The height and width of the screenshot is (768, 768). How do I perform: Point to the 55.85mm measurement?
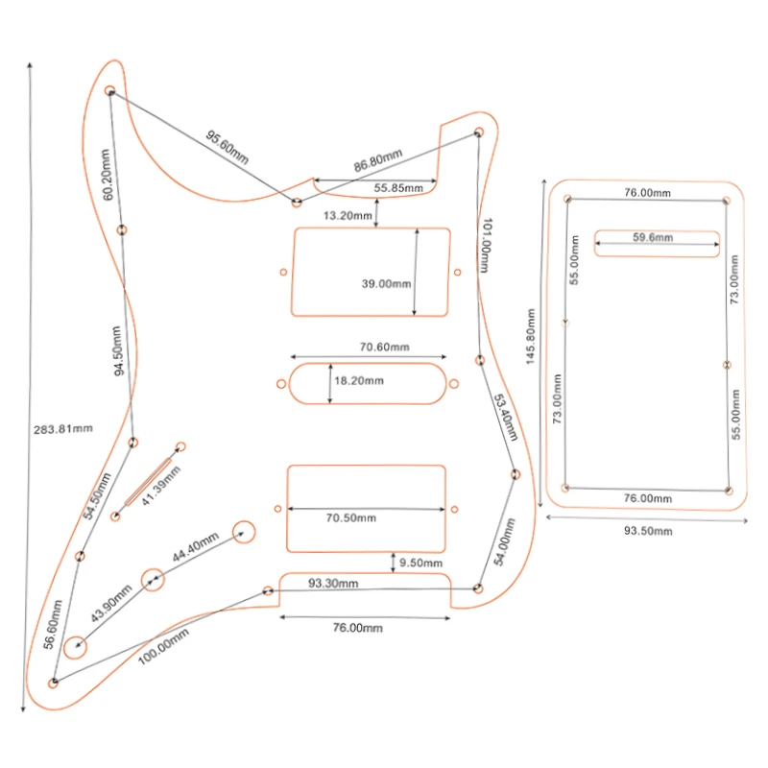398,188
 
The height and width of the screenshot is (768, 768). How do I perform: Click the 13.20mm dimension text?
348,216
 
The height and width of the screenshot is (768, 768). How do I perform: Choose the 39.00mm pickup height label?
386,284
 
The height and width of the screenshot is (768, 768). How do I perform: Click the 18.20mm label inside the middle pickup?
358,381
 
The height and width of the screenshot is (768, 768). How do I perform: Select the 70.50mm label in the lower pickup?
350,518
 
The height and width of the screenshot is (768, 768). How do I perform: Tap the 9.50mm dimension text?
421,563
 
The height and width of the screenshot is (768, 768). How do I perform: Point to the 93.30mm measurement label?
333,583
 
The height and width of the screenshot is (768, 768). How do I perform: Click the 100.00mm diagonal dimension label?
163,649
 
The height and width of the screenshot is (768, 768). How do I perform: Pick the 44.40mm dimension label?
197,553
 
